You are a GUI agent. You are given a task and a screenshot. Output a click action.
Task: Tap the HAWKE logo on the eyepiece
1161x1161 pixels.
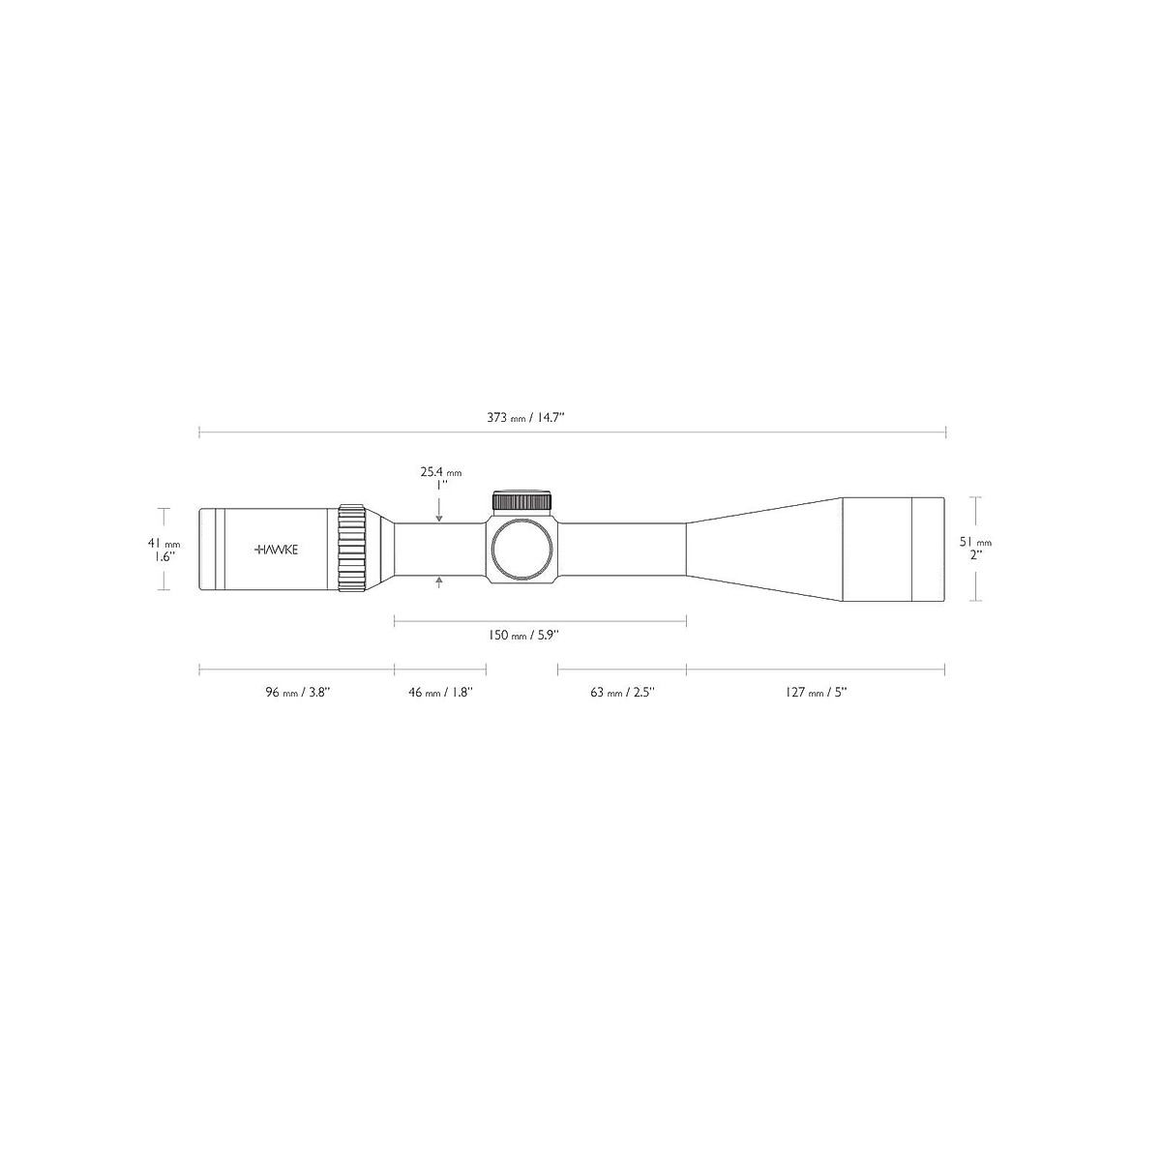277,549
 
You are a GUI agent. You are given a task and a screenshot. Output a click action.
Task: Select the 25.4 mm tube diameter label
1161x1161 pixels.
441,472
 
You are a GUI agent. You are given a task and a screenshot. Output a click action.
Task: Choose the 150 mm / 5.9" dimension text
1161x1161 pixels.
522,636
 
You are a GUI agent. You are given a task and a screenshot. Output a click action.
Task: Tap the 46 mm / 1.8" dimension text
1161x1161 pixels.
440,692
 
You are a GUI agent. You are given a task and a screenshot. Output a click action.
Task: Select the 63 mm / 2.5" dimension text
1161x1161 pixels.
623,692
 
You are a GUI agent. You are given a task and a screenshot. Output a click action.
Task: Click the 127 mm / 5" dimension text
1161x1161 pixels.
816,692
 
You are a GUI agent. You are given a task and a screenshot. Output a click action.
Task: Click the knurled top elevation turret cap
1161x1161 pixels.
522,500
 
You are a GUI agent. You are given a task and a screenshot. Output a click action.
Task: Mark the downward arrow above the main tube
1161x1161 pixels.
440,517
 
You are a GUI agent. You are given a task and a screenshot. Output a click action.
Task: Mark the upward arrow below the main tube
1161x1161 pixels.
440,580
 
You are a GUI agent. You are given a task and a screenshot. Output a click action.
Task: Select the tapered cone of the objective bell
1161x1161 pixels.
764,549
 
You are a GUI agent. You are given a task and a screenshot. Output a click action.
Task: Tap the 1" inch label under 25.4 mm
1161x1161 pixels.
440,486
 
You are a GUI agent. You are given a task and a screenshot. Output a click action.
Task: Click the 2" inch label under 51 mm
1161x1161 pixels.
976,555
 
